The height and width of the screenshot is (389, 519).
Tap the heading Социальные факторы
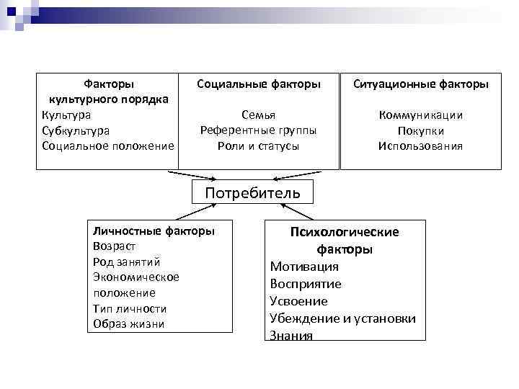click(259, 84)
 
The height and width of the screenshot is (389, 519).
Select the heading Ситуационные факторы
click(420, 84)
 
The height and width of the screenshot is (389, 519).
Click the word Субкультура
click(76, 130)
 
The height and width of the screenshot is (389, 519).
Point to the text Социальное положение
click(108, 146)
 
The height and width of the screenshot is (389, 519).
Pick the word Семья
click(258, 115)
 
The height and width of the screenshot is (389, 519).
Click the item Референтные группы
click(258, 130)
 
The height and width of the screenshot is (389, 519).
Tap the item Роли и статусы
click(258, 146)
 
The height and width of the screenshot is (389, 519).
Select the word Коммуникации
click(420, 115)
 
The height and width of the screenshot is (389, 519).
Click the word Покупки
click(420, 131)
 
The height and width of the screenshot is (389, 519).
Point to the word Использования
click(420, 146)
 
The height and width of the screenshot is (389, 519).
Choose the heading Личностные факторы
click(154, 231)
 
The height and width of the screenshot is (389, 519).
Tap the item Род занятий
click(126, 261)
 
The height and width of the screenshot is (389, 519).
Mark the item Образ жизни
click(128, 323)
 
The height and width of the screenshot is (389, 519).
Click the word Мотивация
click(304, 267)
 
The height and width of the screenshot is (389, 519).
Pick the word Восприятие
click(306, 284)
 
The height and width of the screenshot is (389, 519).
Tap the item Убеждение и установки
click(343, 318)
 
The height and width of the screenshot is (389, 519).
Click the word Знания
click(291, 335)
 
